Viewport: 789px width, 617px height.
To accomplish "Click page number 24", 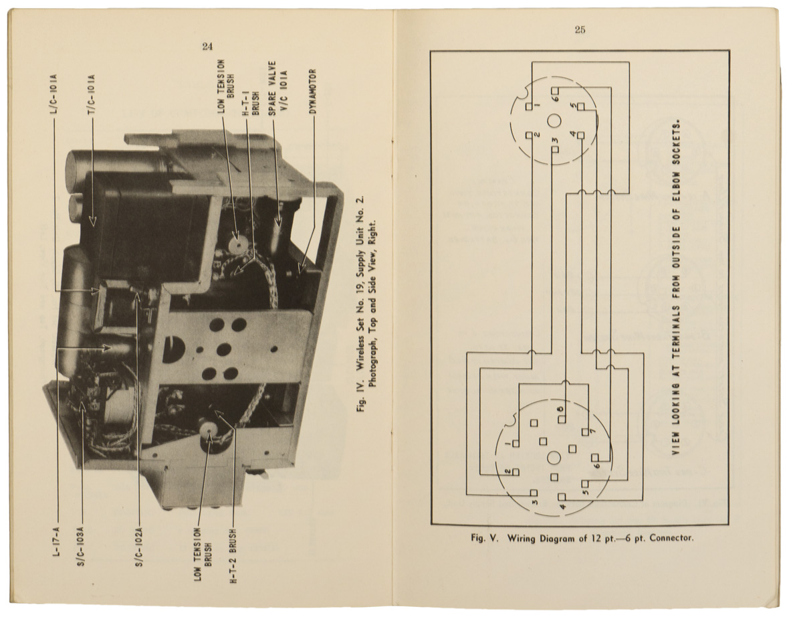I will pos(207,46).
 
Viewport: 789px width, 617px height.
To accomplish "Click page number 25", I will pos(579,29).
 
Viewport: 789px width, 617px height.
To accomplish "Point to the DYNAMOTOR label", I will pos(312,92).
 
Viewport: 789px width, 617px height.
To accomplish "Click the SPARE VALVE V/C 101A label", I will pos(277,90).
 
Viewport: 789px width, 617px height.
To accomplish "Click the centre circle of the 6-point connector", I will pos(554,120).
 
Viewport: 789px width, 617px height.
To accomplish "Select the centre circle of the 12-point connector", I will pos(554,458).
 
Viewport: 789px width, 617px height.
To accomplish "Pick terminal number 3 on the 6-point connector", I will pos(555,148).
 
